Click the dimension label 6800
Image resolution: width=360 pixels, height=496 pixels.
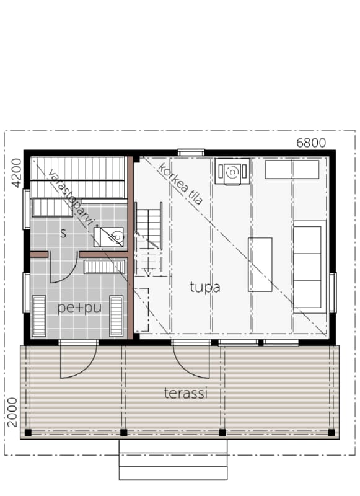(x=310, y=143)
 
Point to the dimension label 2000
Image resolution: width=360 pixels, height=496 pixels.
(x=12, y=412)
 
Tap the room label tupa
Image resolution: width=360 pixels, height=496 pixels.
(x=205, y=288)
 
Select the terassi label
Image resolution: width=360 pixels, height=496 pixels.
(x=186, y=393)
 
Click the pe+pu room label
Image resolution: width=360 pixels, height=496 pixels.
(x=80, y=308)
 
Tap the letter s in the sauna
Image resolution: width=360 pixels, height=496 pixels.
(x=64, y=234)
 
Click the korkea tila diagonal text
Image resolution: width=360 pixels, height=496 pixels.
(x=180, y=184)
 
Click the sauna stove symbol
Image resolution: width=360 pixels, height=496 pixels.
(x=108, y=237)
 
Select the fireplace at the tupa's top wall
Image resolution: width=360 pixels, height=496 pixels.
(x=232, y=171)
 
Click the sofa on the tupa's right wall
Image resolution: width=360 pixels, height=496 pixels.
(x=309, y=267)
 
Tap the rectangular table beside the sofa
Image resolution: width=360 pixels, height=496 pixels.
(x=260, y=265)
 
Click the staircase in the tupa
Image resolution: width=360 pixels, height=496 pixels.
(x=149, y=239)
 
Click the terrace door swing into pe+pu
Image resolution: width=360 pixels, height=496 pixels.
(x=77, y=361)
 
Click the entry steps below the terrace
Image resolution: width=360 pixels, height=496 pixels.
(x=173, y=459)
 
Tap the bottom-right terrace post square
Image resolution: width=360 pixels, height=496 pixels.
(x=331, y=432)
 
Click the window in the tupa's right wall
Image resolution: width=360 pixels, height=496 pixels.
(x=333, y=292)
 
